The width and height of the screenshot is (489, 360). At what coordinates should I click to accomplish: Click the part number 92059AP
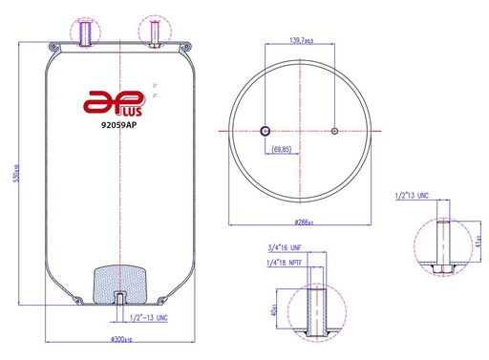pos(119,122)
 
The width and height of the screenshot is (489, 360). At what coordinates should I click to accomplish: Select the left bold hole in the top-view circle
pos(266,131)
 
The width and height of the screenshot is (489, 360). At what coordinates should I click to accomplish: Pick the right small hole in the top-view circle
pos(333,131)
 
